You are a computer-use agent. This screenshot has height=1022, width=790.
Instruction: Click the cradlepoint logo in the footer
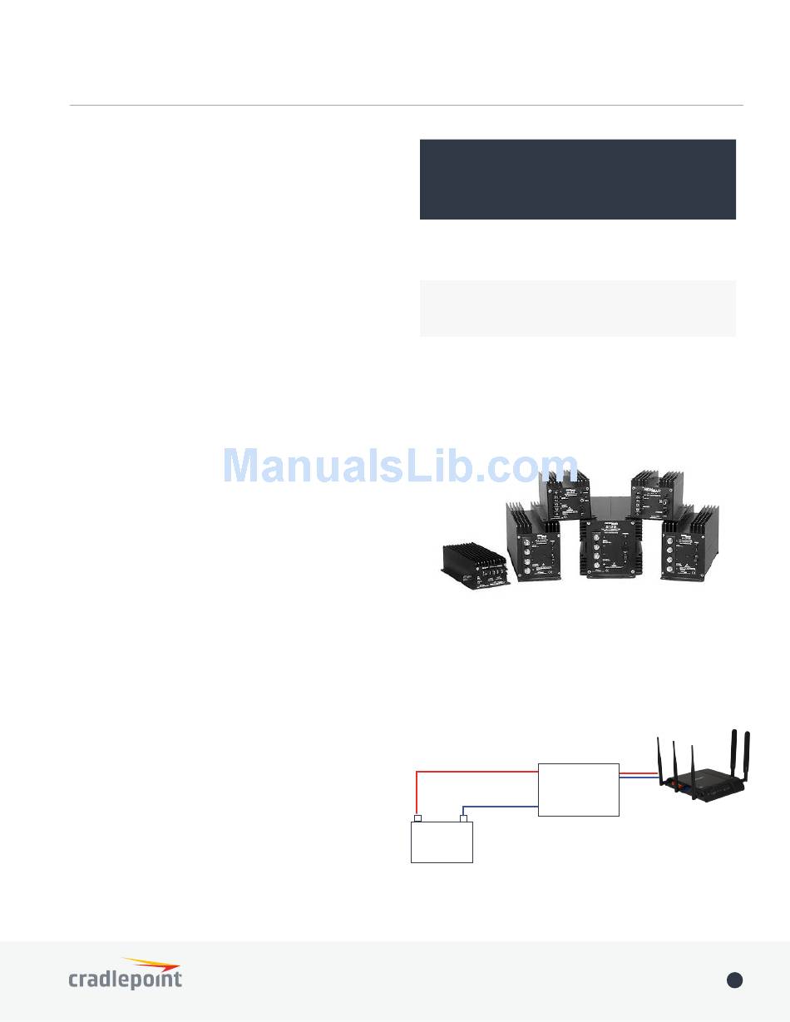(125, 974)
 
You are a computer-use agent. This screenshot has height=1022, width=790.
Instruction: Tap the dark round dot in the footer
(734, 980)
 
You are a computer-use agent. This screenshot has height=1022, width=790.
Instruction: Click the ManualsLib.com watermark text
(400, 467)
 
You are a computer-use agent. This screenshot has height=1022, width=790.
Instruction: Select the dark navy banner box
(577, 179)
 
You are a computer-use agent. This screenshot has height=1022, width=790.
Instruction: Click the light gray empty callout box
(577, 308)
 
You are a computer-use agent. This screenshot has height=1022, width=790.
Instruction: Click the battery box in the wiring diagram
(442, 842)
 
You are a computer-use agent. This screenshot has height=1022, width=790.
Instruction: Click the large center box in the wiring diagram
(579, 789)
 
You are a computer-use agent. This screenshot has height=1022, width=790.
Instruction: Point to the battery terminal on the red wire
(417, 818)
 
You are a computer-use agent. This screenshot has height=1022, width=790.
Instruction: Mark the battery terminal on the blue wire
(465, 818)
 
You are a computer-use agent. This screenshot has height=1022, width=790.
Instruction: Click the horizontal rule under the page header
(406, 106)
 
